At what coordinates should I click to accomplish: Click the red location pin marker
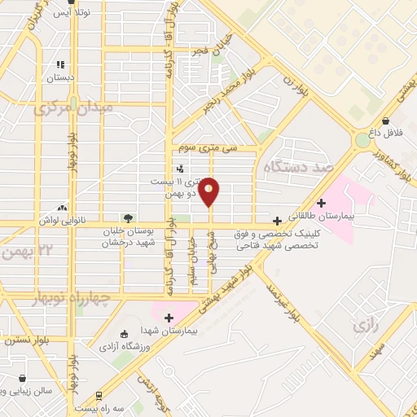[x=210, y=191]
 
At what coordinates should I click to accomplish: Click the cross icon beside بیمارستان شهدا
[x=169, y=318]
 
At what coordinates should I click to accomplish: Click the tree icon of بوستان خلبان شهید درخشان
[x=128, y=217]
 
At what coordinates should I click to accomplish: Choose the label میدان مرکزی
[x=74, y=108]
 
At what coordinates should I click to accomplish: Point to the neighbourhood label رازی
[x=363, y=327]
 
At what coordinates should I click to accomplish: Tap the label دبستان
[x=59, y=78]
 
